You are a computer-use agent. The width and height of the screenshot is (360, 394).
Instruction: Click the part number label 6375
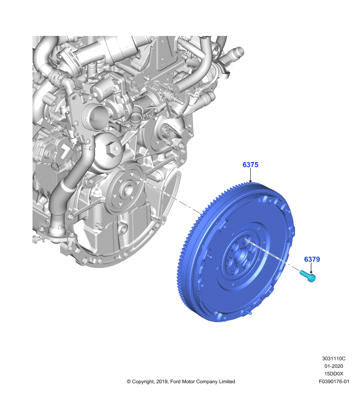[x=250, y=165]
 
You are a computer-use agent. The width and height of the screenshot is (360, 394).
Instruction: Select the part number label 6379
[x=312, y=260]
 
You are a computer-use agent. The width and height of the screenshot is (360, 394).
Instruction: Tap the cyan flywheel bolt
[x=307, y=276]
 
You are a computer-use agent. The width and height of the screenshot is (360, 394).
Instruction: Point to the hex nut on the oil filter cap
[x=112, y=150]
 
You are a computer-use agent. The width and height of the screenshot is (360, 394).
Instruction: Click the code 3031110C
[x=333, y=359]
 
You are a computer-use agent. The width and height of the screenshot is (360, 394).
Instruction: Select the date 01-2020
[x=333, y=366]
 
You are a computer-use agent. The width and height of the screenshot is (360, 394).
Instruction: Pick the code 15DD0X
[x=333, y=374]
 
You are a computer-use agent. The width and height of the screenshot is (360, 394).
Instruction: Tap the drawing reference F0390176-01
[x=334, y=381]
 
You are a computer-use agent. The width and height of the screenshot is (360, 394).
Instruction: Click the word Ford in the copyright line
[x=175, y=381]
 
